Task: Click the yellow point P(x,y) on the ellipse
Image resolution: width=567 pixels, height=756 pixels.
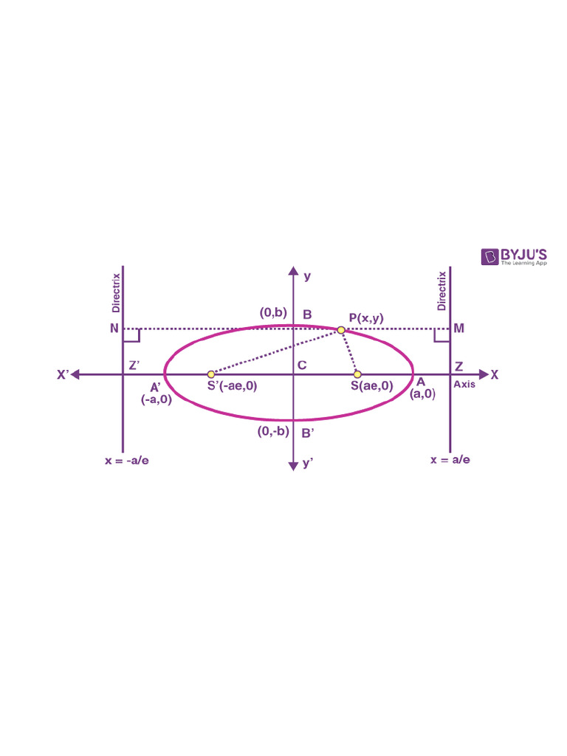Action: [x=341, y=329]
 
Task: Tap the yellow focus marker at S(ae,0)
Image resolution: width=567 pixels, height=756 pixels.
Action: [x=357, y=374]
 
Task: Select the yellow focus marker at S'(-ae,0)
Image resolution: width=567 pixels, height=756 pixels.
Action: [x=211, y=374]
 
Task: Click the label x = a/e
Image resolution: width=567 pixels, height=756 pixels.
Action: [x=450, y=459]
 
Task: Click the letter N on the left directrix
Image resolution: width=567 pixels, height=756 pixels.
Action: [x=114, y=328]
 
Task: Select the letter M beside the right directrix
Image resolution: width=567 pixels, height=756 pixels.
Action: [x=459, y=328]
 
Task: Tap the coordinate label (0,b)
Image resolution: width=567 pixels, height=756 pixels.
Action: [x=272, y=312]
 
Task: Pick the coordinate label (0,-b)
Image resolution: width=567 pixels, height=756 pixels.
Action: [x=272, y=432]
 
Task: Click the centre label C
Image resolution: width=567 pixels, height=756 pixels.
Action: [x=302, y=365]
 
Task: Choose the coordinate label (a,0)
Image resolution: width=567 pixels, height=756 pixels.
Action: [x=422, y=394]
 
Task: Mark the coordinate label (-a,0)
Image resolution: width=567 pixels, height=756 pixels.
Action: [x=157, y=399]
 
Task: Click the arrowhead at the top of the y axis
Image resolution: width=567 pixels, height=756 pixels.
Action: [x=294, y=270]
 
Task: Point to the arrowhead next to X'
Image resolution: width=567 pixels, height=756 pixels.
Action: [x=76, y=374]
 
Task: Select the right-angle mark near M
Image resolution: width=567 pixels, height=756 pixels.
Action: [x=441, y=336]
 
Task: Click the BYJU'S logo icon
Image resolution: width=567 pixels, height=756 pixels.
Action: [x=490, y=256]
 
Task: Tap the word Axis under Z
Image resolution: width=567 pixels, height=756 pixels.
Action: [x=464, y=385]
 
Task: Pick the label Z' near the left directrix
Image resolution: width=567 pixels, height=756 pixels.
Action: [x=134, y=365]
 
